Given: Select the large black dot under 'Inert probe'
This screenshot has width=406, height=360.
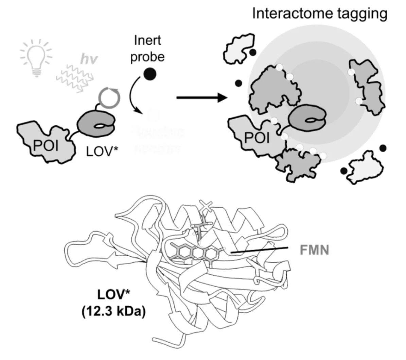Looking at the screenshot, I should (150, 74).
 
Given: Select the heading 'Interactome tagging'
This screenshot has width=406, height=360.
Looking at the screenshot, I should (320, 14).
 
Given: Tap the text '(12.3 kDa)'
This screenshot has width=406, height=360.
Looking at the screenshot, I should (113, 312).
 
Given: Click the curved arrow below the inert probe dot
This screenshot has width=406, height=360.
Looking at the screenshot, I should (132, 97).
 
